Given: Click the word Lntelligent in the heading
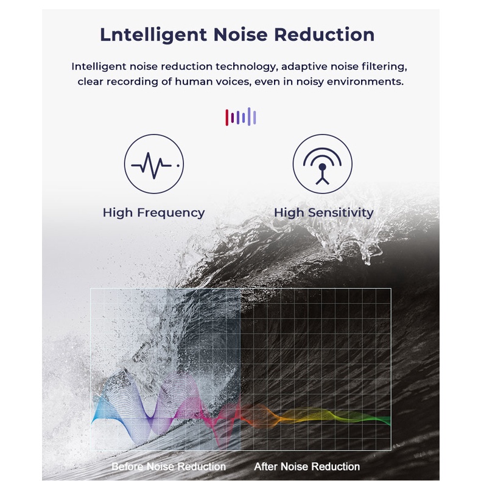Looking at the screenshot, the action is pos(153,35).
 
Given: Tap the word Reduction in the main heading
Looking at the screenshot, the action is pos(324,34).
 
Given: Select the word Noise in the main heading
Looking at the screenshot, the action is pos(240,34).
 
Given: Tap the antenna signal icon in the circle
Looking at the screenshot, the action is pos(323,166).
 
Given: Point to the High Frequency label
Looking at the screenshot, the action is pos(153,212).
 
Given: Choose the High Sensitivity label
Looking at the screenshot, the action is pos(324,212).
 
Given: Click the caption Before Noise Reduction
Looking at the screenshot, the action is pos(169,466).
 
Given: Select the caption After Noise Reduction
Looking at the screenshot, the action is pos(307,466).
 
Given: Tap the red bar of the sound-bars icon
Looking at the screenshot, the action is pos(226,118).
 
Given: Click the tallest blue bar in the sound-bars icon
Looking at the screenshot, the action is pos(249,116).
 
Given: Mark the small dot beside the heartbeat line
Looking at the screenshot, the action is pos(178,166).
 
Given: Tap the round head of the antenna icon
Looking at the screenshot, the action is pos(323,167).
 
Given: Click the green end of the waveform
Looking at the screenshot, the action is pos(387,421).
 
